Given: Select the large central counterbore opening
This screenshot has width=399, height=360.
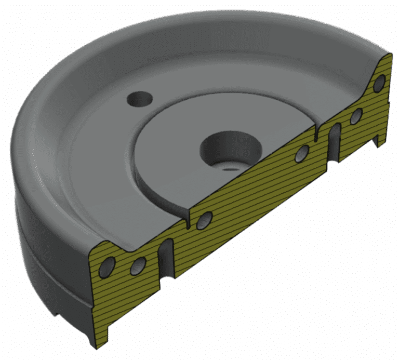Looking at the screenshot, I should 229,146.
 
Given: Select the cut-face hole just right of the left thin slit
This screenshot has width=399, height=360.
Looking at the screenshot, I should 203,220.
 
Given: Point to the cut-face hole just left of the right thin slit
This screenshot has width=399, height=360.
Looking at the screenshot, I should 302,153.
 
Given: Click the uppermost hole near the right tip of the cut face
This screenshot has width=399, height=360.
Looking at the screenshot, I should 380,82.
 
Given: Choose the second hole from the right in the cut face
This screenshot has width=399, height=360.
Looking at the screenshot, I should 356,117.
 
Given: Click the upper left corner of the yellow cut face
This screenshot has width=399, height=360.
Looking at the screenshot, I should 93,250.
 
